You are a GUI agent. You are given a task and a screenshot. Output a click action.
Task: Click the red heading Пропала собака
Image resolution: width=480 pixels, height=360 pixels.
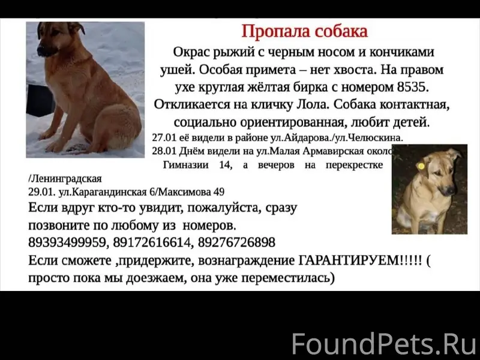(x=304, y=31)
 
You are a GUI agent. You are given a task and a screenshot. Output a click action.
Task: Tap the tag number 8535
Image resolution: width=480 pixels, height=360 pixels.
(x=413, y=87)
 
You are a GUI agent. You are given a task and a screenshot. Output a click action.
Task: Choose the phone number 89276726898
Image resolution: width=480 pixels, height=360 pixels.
(x=236, y=243)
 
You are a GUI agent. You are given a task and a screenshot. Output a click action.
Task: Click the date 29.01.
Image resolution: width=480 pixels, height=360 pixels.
(x=40, y=192)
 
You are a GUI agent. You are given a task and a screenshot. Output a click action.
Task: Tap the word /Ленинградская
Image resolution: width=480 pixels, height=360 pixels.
(x=65, y=179)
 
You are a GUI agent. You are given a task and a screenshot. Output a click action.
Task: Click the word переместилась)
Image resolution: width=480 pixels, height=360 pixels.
(x=287, y=278)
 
